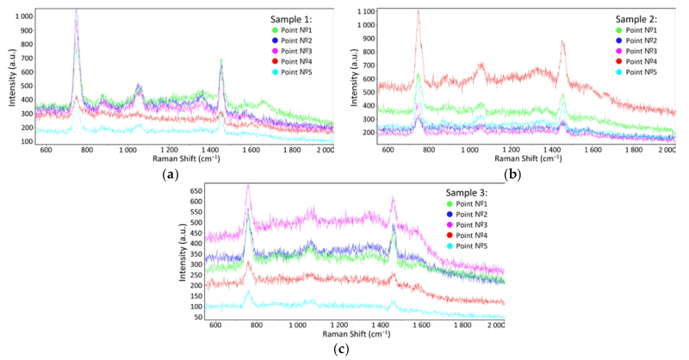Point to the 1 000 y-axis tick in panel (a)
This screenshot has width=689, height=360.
tap(22, 16)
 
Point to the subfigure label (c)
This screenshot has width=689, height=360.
tap(342, 350)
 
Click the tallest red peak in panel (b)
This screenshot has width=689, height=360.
tap(419, 12)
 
